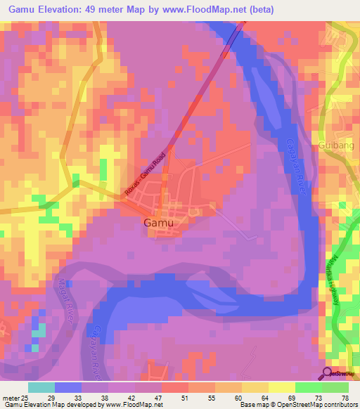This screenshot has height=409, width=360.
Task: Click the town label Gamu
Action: click(158, 223)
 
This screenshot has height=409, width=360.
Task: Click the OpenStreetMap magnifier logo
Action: click(328, 373)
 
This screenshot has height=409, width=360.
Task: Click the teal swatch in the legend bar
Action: click(41, 387)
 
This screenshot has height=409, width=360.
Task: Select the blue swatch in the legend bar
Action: click(68, 387)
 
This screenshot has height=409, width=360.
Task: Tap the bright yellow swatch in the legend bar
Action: click(282, 387)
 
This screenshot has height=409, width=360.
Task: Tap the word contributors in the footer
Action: click(337, 405)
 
